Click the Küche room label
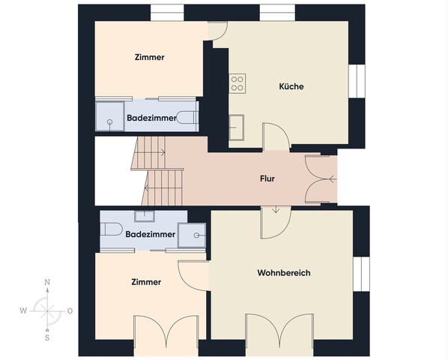(x=291, y=86)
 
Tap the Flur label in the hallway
(x=267, y=178)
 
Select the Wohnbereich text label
(x=284, y=273)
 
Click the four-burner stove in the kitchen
(x=237, y=83)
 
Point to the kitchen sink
(x=236, y=127)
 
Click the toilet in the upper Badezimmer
(x=187, y=117)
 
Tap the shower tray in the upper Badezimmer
(x=109, y=116)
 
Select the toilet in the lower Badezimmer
(x=111, y=229)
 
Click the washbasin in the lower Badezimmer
(x=145, y=216)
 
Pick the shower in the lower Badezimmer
(x=192, y=235)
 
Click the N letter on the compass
(x=47, y=282)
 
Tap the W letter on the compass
(x=23, y=310)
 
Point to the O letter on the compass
(x=70, y=310)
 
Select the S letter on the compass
(x=47, y=337)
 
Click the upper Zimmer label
(x=149, y=57)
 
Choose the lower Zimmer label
(x=146, y=282)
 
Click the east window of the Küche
(x=357, y=81)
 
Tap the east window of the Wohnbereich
(x=361, y=274)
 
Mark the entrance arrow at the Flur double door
(x=333, y=179)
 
